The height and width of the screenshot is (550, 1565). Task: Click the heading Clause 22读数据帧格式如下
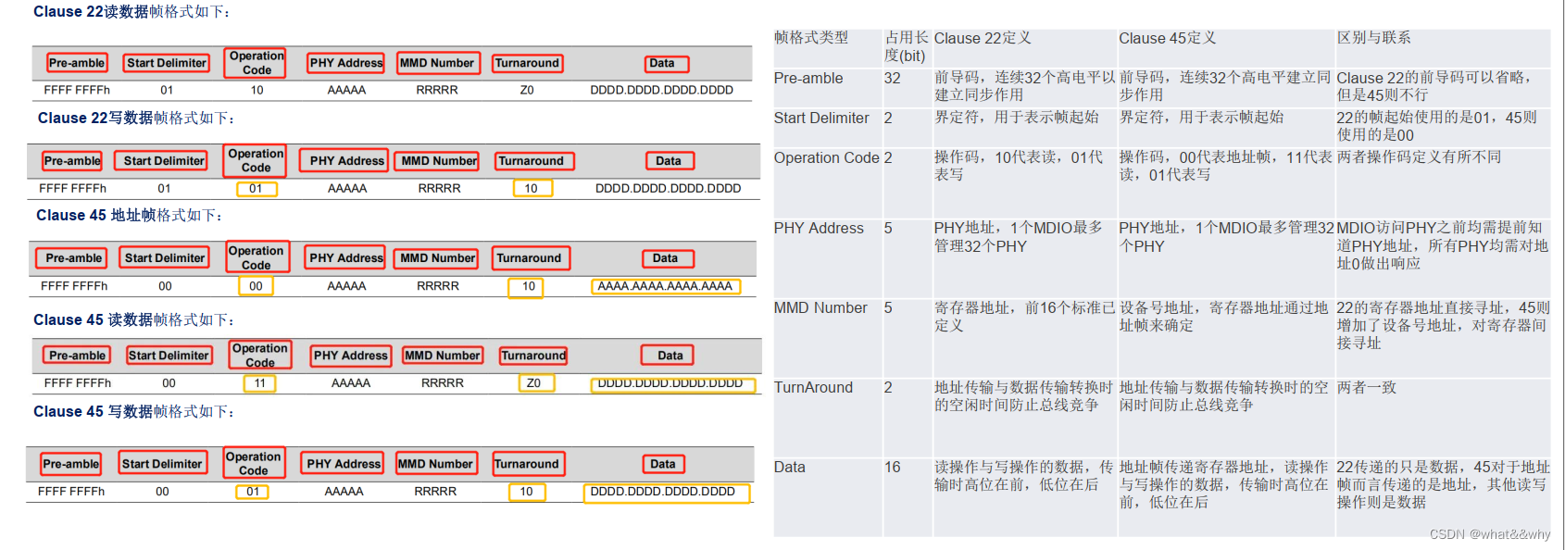(131, 12)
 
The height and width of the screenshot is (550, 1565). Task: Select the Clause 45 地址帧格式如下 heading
(129, 216)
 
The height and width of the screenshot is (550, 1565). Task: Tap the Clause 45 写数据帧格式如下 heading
(133, 412)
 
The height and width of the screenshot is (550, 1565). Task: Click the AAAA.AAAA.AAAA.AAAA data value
(665, 287)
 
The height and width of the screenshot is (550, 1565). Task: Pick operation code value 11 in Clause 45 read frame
(260, 383)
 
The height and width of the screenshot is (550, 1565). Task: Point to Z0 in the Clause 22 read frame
(527, 91)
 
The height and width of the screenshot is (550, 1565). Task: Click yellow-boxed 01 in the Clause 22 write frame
(256, 189)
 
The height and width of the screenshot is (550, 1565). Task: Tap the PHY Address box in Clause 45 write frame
(344, 464)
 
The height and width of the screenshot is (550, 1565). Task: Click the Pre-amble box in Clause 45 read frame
(78, 356)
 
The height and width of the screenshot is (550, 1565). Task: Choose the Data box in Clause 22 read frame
(662, 64)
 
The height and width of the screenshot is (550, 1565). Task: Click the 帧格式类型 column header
(811, 38)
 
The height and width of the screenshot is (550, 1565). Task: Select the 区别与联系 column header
(1373, 38)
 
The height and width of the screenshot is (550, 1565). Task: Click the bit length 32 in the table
(892, 79)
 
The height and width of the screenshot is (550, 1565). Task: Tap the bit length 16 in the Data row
(892, 468)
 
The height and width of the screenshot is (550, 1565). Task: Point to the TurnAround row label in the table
(813, 388)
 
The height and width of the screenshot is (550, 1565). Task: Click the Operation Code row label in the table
(826, 158)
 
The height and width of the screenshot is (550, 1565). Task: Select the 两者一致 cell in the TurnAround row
(1366, 388)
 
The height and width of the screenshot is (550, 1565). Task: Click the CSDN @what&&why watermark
(1489, 534)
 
